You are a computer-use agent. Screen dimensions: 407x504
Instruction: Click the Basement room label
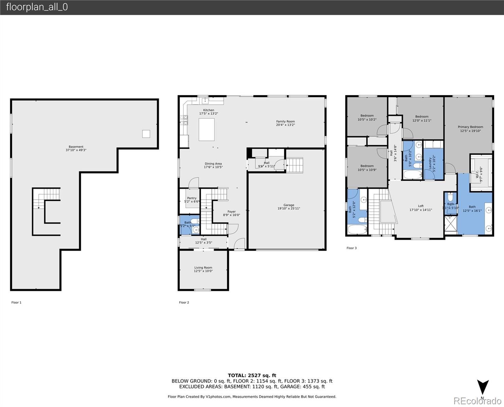click(x=76, y=147)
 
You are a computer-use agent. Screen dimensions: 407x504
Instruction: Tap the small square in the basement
click(x=146, y=134)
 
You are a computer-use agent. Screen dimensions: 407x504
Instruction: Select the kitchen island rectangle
click(x=206, y=130)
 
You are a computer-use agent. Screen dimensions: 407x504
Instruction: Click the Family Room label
click(x=285, y=121)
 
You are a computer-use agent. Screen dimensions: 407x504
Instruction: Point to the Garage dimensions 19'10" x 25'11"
click(x=289, y=209)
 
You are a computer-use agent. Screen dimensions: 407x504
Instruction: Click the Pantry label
click(x=192, y=198)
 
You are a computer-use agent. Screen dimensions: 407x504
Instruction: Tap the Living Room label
click(x=203, y=268)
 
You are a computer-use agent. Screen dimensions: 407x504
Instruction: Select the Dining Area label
click(x=213, y=164)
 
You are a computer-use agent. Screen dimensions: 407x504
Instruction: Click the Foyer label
click(x=231, y=212)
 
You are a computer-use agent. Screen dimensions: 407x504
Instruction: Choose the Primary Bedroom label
click(x=470, y=127)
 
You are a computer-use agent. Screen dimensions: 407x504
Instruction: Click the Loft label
click(x=420, y=206)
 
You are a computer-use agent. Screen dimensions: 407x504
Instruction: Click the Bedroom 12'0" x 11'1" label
click(x=422, y=117)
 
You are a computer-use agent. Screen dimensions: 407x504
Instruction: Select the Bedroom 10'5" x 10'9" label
click(x=367, y=166)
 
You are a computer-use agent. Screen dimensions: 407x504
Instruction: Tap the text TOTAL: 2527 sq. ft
click(x=252, y=375)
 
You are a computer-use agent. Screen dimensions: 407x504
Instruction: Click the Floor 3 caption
click(x=352, y=248)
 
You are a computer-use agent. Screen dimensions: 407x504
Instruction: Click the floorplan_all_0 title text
click(x=37, y=7)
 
